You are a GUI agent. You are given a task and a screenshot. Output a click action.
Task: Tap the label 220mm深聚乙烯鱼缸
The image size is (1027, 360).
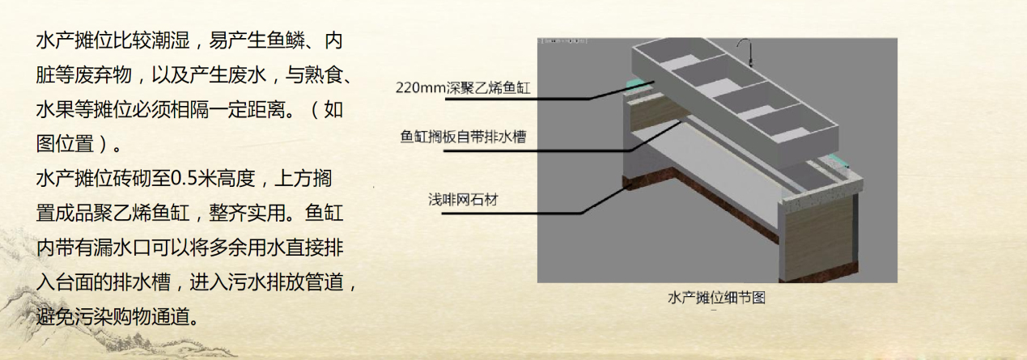(463, 87)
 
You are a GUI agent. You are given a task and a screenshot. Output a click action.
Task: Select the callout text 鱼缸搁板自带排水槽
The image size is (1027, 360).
(464, 137)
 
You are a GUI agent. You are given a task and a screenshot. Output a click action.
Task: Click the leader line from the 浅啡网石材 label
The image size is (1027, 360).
(567, 208)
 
